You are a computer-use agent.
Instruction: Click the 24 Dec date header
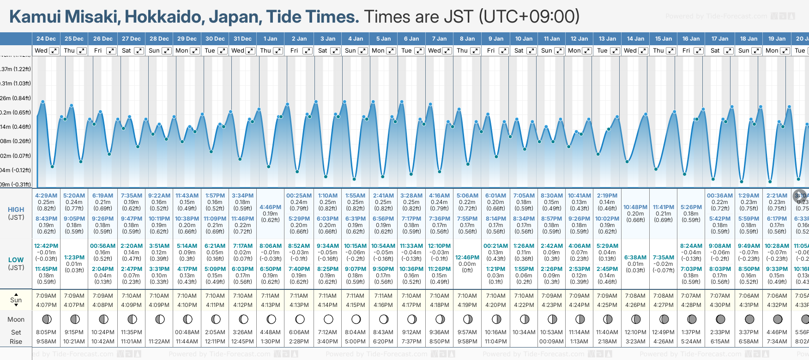click(46, 39)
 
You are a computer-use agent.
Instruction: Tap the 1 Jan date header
click(270, 39)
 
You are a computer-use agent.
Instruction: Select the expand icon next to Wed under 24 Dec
click(54, 51)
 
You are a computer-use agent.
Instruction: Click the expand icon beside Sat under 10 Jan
click(531, 51)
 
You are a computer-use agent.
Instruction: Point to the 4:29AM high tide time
click(46, 196)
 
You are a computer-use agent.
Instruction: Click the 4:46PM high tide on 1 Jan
click(270, 207)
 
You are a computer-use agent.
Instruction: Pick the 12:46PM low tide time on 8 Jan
click(467, 258)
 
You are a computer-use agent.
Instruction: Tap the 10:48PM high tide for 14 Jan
click(635, 207)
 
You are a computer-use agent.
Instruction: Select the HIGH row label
click(16, 210)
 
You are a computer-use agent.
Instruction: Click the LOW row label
click(16, 260)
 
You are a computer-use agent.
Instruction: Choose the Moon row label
click(16, 319)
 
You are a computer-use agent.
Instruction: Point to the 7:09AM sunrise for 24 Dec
click(46, 296)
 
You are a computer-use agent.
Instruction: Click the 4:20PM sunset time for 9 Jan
click(495, 305)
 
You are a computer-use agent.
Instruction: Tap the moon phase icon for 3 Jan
click(328, 319)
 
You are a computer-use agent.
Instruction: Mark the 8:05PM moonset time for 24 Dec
click(46, 332)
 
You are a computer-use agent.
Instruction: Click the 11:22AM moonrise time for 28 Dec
click(159, 342)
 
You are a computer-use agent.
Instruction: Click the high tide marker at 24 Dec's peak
click(43, 102)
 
